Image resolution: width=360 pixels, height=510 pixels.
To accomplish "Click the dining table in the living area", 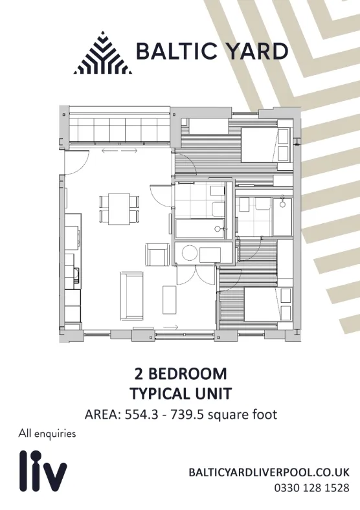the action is [119, 209].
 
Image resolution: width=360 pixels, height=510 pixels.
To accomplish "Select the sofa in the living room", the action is [132, 296].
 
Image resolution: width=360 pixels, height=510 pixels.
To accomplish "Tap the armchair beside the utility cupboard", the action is [157, 254].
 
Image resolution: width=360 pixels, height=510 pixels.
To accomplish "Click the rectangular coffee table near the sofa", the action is [169, 300].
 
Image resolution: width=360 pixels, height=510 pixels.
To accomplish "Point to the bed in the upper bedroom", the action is [265, 145].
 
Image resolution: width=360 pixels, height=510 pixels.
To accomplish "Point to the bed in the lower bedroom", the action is [267, 304].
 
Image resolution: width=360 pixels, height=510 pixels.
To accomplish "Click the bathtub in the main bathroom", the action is [200, 229].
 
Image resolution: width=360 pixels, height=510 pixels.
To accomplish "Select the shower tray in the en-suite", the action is [282, 216].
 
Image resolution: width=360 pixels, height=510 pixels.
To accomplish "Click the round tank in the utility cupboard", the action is [189, 253].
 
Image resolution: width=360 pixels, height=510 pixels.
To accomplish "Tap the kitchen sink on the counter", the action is [77, 275].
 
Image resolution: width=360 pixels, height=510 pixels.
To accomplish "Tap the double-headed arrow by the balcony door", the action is [119, 151].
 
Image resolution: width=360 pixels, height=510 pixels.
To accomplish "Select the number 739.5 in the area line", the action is [188, 415].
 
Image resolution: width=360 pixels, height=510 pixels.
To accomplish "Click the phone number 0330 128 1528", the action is [312, 488].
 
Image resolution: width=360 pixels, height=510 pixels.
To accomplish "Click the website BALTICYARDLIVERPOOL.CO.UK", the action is [269, 472].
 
